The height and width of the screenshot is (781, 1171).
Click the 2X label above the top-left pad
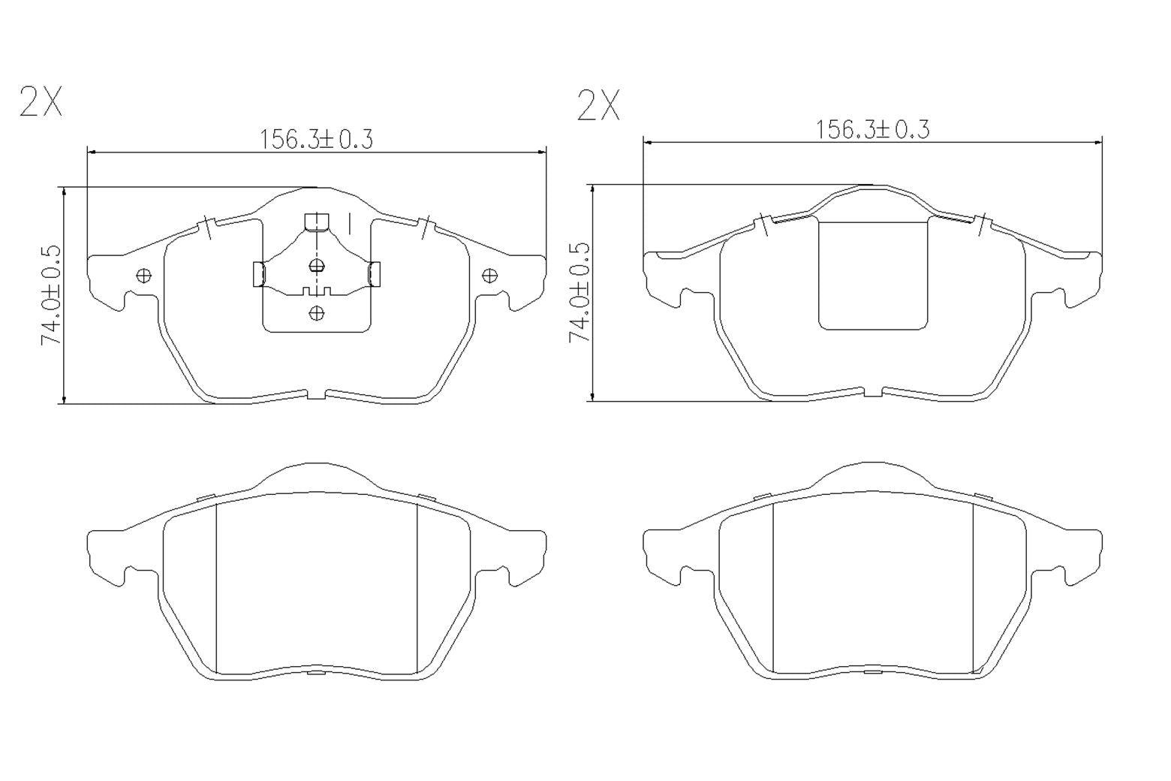coord(41,102)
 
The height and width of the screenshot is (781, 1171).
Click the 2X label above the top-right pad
coord(598,105)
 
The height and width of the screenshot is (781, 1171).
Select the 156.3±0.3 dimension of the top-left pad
coord(316,139)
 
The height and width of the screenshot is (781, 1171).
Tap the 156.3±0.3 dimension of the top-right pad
coord(872,130)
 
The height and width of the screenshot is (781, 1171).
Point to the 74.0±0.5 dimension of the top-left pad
coord(51,294)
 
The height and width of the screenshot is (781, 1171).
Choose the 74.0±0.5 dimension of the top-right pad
coord(580,293)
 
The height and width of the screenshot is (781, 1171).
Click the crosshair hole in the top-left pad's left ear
coord(143,276)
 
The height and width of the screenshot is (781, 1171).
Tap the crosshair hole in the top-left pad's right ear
coord(489,276)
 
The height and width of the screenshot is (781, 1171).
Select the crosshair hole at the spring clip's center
coord(317,265)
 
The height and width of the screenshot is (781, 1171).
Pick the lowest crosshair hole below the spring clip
coord(317,312)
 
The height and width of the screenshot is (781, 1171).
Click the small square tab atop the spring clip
coord(317,221)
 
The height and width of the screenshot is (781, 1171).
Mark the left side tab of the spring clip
coord(257,274)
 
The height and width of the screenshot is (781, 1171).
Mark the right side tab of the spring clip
coord(374,274)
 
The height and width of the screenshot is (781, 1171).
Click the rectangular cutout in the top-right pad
coord(872,276)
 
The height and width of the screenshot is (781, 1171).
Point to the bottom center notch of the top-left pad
coord(316,394)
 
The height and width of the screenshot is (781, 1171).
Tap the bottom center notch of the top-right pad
coord(872,392)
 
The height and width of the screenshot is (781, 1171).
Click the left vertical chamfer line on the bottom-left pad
coord(216,588)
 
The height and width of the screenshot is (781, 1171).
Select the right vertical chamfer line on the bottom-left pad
coord(417,588)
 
